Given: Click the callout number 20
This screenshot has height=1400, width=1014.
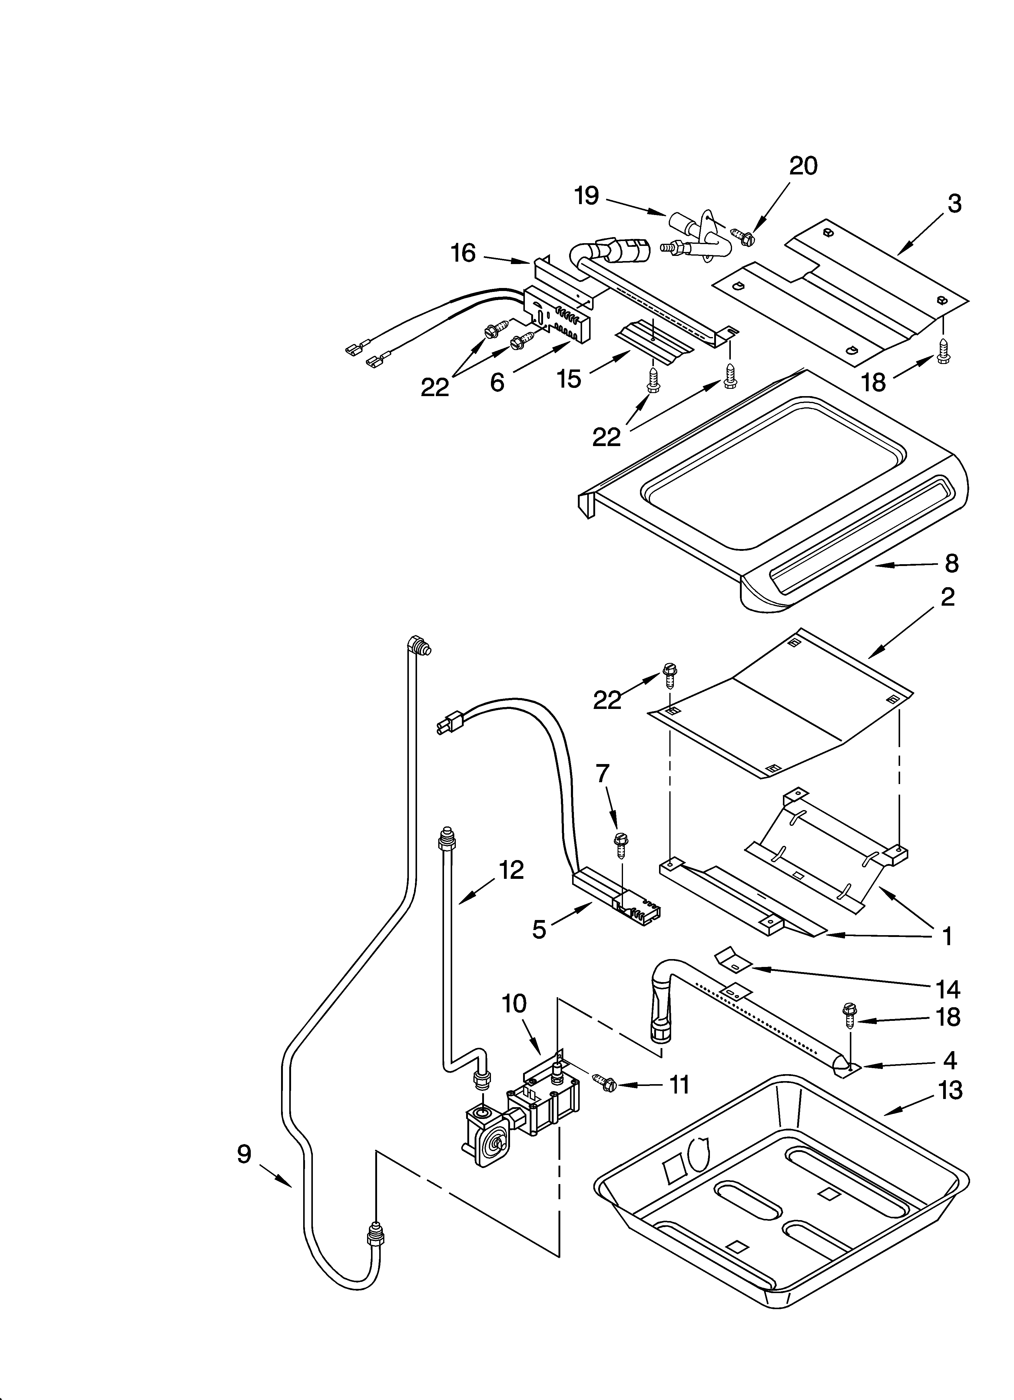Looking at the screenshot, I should (x=803, y=165).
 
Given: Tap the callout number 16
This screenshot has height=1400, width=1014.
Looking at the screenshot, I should (x=463, y=253).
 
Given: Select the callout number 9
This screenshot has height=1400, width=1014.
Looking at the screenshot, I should (x=244, y=1154).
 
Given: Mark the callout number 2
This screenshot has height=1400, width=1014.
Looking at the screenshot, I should (x=947, y=596).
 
